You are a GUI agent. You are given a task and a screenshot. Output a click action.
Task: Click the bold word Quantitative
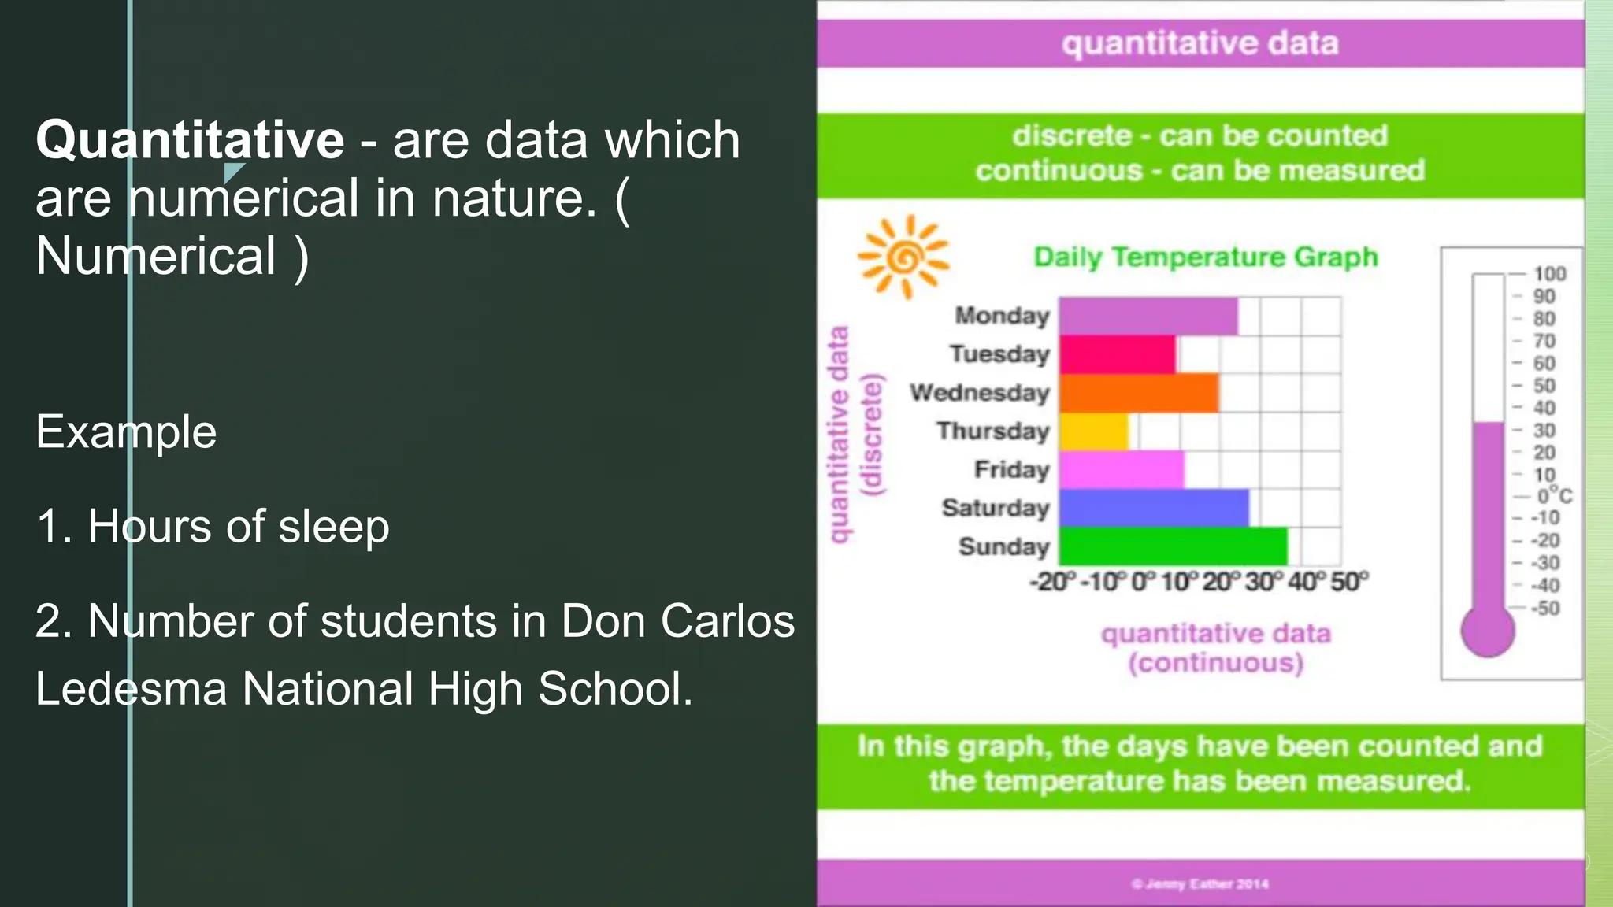(190, 140)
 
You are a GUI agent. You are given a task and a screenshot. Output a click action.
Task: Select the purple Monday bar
(1148, 317)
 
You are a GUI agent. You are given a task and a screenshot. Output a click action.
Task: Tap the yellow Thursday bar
(1093, 431)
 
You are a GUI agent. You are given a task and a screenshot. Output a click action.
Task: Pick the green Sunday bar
(1173, 546)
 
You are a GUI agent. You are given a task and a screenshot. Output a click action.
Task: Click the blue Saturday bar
(1153, 508)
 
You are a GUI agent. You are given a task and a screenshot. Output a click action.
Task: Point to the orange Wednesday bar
(1138, 393)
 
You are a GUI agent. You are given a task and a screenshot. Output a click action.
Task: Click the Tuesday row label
(999, 354)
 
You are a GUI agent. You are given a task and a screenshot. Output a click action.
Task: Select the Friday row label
(1012, 469)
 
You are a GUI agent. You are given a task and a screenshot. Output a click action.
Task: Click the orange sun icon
(904, 257)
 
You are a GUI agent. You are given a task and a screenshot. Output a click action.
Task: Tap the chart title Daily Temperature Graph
(1206, 257)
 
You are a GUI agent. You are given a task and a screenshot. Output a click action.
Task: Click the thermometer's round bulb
(1487, 631)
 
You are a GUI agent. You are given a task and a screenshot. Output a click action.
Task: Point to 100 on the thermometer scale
(1549, 274)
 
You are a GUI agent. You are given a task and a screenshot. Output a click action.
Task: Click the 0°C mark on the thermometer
(1554, 496)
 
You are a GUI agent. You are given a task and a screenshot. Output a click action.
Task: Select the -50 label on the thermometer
(1544, 608)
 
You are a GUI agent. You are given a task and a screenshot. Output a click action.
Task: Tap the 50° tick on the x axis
(1349, 582)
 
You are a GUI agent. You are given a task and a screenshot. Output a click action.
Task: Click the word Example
(126, 432)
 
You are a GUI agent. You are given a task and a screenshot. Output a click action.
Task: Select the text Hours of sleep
(238, 527)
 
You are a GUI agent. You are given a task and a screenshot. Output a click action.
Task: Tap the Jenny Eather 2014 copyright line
(1200, 884)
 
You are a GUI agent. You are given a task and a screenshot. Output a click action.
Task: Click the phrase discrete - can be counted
(1200, 135)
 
